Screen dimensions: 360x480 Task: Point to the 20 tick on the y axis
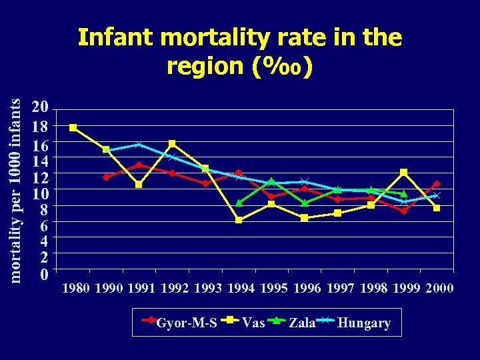(41, 108)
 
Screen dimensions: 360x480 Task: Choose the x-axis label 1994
(241, 289)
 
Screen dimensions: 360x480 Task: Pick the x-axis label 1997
(339, 289)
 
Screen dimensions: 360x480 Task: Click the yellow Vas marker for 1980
(73, 127)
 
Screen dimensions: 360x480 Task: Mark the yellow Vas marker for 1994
(239, 220)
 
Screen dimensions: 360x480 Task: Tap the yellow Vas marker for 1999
(404, 173)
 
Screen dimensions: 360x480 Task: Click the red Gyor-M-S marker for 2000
(437, 184)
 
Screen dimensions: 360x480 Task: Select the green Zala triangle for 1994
(239, 203)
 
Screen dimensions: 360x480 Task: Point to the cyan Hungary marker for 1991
(139, 144)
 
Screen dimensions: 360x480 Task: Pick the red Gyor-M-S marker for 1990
(106, 177)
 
